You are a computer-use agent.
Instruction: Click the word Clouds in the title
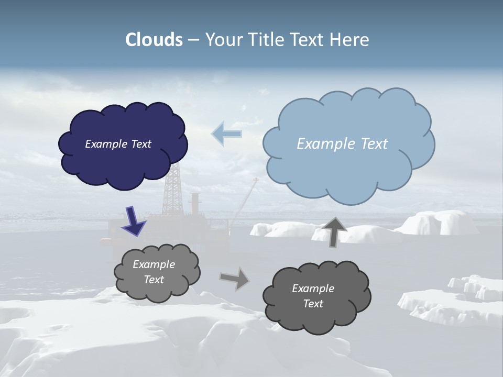click(x=154, y=40)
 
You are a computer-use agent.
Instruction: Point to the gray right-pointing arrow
click(x=235, y=278)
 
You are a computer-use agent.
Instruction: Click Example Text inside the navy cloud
click(x=118, y=144)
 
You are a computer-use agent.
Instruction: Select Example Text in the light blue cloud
click(x=342, y=144)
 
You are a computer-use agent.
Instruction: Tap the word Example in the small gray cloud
click(x=154, y=264)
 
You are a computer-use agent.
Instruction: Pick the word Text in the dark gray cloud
click(x=313, y=304)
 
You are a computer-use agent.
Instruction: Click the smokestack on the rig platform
click(x=195, y=204)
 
